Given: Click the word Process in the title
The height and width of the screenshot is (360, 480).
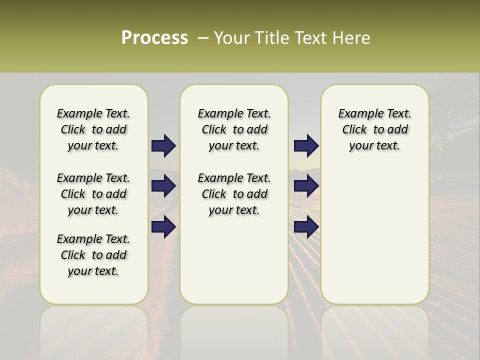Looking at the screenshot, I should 154,38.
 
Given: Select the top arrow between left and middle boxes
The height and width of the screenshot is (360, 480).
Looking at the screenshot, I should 163,146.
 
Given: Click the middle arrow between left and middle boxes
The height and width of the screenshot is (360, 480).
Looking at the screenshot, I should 163,186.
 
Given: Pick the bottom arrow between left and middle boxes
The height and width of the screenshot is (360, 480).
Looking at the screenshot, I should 163,227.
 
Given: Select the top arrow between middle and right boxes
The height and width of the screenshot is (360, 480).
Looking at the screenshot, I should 306,146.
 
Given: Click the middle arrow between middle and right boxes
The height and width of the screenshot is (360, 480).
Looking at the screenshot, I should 306,186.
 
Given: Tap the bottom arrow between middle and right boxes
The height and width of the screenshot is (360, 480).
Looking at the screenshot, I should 306,227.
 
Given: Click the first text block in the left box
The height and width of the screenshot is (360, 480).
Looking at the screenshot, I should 93,129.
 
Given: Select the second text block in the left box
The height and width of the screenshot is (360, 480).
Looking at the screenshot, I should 93,194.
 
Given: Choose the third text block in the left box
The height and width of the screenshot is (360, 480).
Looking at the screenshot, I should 93,255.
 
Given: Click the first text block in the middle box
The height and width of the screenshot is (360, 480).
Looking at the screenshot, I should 234,129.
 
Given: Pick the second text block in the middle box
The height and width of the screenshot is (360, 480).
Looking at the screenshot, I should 234,194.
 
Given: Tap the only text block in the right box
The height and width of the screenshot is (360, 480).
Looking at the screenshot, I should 374,129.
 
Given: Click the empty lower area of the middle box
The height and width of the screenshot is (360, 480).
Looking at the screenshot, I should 234,260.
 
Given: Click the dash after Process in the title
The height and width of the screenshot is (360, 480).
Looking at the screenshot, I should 202,38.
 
